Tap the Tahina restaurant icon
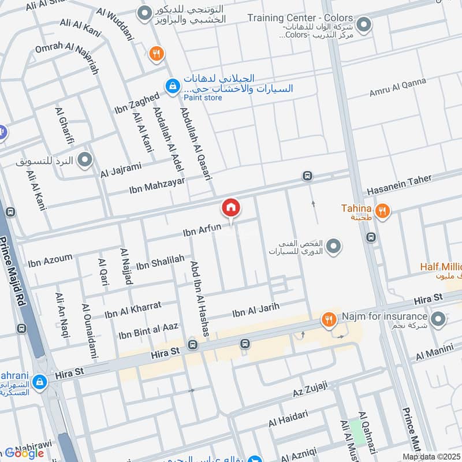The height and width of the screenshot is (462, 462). pyautogui.click(x=382, y=211)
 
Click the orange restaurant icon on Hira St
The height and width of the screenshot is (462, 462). pyautogui.click(x=329, y=319)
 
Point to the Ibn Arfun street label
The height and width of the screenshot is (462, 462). pyautogui.click(x=202, y=230)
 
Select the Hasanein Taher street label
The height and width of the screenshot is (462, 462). pyautogui.click(x=398, y=185)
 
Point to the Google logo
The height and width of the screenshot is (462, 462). pyautogui.click(x=24, y=453)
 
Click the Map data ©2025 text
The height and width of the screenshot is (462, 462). pyautogui.click(x=432, y=457)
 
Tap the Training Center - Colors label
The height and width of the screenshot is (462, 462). pyautogui.click(x=300, y=18)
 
